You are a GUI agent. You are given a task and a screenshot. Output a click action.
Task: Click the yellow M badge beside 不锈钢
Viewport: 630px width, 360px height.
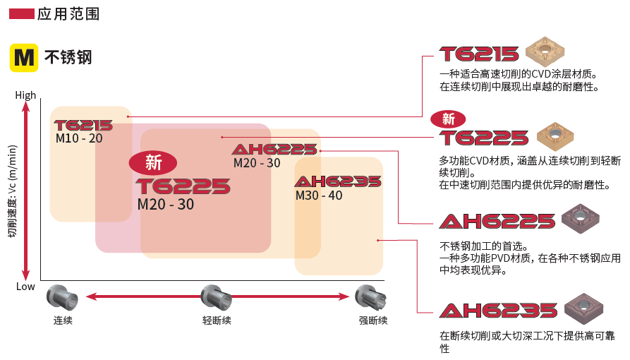point(24,57)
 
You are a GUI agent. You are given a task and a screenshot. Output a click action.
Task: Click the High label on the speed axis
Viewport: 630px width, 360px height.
point(25,95)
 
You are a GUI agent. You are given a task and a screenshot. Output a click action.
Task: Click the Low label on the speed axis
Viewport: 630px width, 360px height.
point(25,287)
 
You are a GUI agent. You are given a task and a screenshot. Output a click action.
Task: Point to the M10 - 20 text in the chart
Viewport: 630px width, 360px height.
point(79,138)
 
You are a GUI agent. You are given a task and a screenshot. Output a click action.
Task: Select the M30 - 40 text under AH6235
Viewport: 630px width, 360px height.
point(319,196)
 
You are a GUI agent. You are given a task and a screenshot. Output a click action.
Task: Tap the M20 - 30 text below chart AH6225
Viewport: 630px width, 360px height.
point(257,163)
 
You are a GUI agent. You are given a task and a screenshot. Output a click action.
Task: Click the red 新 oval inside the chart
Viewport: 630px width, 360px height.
point(152,162)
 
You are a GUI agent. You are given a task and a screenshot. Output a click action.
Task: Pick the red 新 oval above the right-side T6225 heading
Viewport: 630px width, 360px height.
point(448,119)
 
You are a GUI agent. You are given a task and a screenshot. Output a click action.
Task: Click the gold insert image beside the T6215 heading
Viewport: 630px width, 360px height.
point(545,52)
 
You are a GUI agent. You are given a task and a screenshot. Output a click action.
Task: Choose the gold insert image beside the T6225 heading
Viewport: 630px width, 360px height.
point(555,137)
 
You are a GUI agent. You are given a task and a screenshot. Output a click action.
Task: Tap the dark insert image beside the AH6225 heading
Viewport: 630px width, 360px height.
point(580,219)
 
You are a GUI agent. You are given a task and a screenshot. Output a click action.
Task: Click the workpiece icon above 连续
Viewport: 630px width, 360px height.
point(62,298)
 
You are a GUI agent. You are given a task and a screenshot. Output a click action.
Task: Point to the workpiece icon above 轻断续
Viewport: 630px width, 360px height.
point(216,298)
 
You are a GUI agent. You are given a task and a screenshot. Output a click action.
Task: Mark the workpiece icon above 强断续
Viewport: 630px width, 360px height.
point(371,298)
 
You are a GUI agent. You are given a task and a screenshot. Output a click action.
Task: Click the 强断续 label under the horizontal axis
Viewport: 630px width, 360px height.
point(373,320)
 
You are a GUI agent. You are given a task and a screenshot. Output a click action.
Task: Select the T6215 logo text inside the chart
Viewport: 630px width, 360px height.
point(83,126)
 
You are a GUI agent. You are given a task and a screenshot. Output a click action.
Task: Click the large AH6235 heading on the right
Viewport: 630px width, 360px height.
point(499,311)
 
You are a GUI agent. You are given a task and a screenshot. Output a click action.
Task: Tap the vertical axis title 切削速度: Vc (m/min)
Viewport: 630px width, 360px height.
point(13,191)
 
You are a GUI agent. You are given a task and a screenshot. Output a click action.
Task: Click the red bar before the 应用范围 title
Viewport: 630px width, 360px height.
point(21,15)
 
